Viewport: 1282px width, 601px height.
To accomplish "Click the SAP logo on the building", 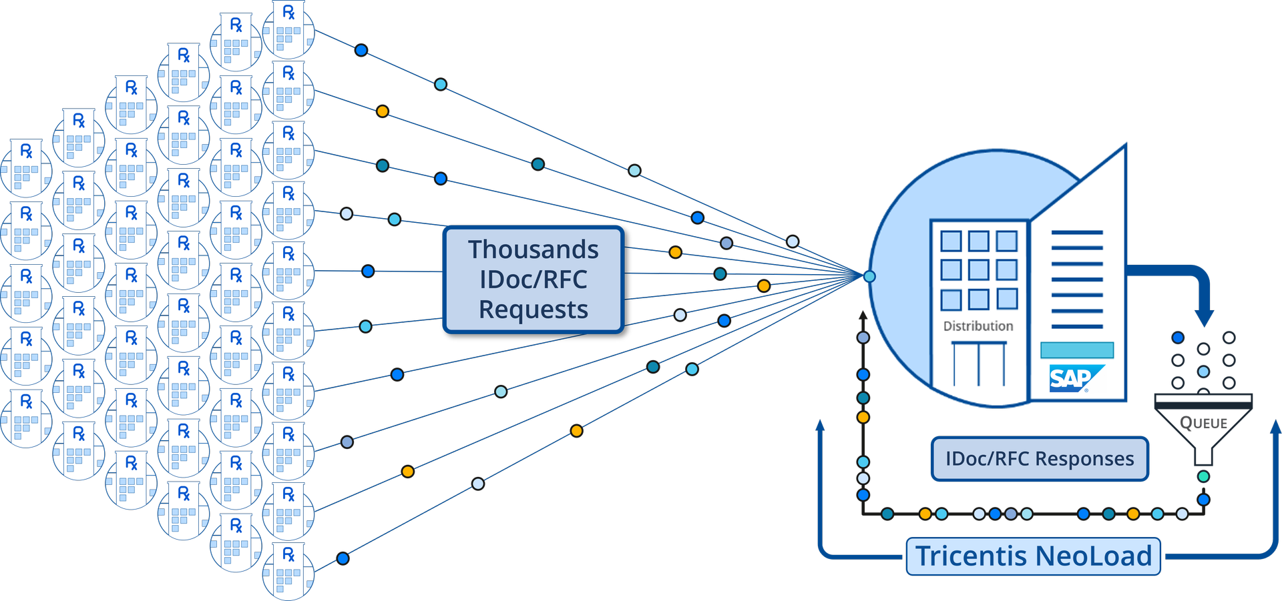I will click(1072, 378).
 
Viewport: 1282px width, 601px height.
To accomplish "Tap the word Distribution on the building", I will click(978, 326).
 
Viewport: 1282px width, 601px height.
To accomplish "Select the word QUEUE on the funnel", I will click(1203, 423).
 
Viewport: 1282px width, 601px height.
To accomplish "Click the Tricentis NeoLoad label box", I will click(1033, 556).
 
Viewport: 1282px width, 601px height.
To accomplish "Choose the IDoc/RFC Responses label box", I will click(1039, 459).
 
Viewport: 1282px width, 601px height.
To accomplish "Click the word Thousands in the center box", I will click(533, 249).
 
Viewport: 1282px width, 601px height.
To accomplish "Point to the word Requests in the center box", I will click(533, 310).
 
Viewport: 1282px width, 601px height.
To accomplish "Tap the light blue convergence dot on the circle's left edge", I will click(869, 276).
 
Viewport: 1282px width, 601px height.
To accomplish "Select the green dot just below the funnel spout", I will click(1203, 476).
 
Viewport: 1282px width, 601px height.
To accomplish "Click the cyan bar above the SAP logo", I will click(1076, 350).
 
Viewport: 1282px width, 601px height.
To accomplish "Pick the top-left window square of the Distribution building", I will click(951, 241).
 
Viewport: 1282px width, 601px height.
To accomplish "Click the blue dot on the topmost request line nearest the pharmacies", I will click(361, 50).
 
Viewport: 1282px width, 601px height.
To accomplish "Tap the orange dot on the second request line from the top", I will click(383, 111).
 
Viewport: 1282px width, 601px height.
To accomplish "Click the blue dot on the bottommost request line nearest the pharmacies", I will click(343, 558).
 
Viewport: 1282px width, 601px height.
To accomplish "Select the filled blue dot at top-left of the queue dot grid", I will click(1178, 338).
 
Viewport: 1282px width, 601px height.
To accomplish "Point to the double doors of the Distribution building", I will click(978, 364).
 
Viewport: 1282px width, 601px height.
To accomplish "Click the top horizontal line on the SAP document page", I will click(1076, 233).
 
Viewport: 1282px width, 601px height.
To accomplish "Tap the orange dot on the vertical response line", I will click(863, 418).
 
